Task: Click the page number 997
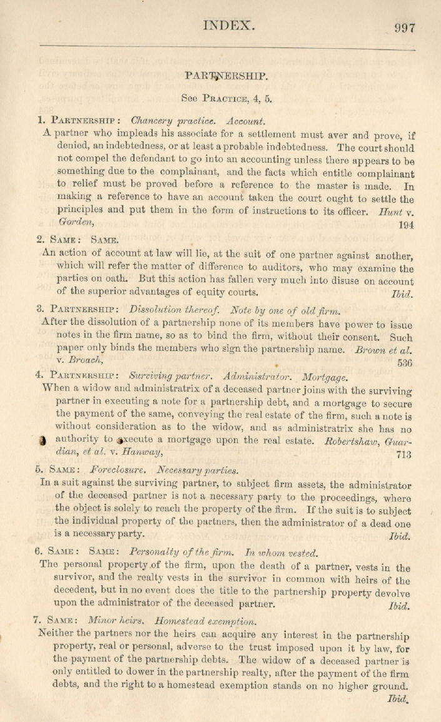point(405,28)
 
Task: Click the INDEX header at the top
point(230,26)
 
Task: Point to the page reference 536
point(404,362)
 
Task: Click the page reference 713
point(404,455)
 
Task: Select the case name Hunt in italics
point(389,212)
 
